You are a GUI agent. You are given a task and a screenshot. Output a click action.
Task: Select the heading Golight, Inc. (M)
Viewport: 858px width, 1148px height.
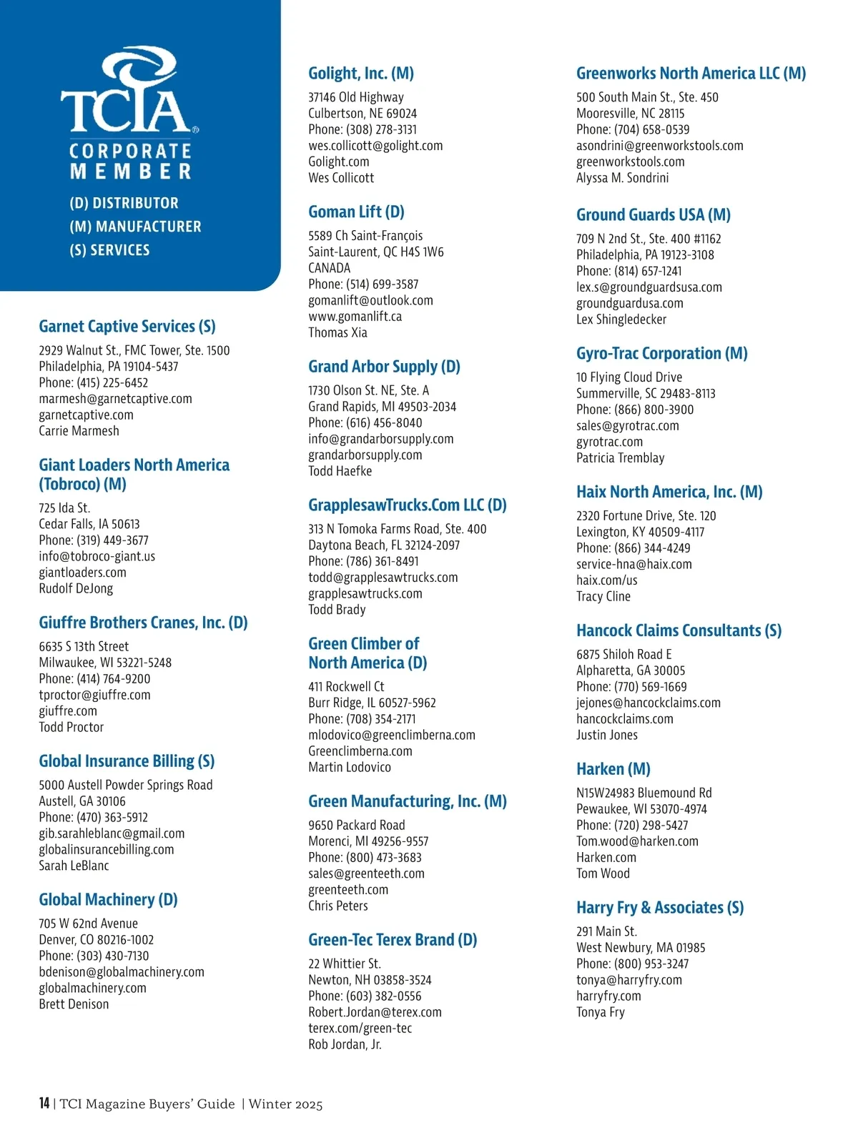[361, 73]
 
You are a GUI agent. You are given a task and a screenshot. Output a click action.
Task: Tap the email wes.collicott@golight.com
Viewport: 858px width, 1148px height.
[375, 146]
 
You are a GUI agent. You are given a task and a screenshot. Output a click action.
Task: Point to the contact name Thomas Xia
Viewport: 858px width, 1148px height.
[337, 332]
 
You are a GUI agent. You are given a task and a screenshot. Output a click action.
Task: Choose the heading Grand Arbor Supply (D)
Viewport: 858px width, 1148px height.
[384, 367]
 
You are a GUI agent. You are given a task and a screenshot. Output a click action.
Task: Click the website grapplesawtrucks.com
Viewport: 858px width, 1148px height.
[365, 593]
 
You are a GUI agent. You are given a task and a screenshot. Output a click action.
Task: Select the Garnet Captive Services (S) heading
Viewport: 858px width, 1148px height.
[127, 327]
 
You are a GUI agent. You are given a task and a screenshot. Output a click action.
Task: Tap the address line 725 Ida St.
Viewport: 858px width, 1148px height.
[64, 508]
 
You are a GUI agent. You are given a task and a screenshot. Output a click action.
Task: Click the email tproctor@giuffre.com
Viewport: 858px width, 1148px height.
[94, 695]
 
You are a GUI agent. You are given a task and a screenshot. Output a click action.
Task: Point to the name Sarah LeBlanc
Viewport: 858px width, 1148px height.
[74, 866]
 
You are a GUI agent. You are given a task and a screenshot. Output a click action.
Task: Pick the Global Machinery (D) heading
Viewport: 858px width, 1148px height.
[108, 899]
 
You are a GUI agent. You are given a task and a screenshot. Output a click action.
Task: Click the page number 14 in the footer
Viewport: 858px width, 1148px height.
[44, 1103]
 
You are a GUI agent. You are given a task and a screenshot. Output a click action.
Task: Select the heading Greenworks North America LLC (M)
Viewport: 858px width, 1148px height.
[691, 73]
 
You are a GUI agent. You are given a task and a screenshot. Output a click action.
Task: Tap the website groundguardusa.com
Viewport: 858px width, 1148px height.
[630, 303]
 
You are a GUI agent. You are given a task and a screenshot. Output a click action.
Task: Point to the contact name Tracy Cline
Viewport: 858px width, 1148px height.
[603, 596]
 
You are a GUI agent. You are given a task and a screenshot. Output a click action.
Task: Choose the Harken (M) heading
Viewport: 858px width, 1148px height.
[613, 769]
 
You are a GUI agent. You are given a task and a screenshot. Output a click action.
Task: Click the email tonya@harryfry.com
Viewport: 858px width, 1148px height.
[629, 980]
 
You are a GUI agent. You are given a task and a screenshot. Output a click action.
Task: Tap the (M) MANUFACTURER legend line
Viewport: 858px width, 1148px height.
[135, 227]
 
